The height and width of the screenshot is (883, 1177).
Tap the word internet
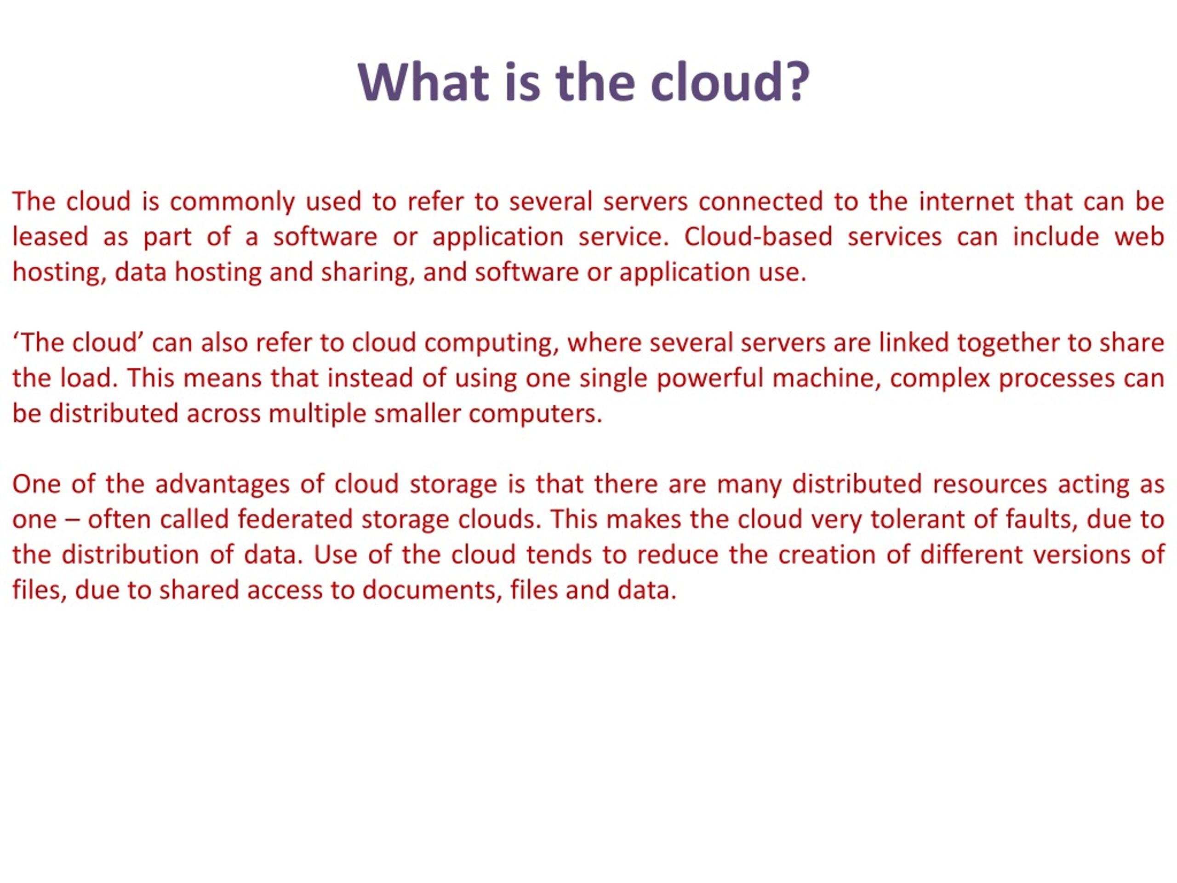(x=967, y=201)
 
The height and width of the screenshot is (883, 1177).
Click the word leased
(x=50, y=236)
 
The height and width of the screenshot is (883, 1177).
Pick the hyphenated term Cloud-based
(x=758, y=236)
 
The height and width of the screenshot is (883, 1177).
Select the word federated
(x=295, y=519)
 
